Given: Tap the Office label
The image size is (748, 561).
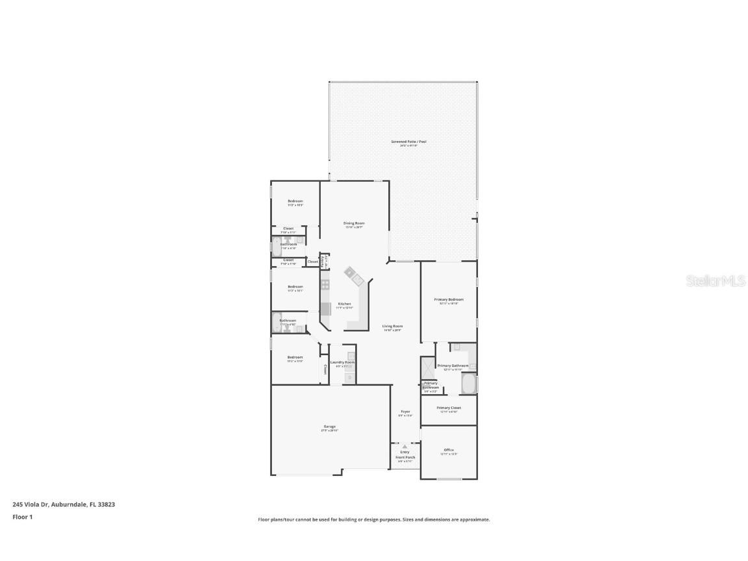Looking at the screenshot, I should click(449, 450).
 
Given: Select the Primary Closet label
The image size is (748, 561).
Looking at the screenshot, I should click(449, 408).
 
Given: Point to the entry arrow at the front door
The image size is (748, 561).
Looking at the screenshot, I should click(405, 446).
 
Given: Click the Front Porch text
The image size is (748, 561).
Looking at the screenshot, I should click(405, 457).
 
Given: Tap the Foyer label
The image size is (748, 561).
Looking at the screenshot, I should click(405, 412).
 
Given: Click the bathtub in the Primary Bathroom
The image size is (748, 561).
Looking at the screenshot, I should click(469, 384).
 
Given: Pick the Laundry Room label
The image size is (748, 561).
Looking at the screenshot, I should click(342, 362).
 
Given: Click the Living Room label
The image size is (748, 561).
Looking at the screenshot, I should click(392, 326).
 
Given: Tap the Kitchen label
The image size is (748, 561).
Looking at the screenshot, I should click(345, 304).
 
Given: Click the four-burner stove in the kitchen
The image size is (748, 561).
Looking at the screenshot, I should click(325, 284).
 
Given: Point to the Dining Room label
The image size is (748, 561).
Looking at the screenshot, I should click(354, 223).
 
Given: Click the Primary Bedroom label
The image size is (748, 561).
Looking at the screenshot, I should click(449, 299).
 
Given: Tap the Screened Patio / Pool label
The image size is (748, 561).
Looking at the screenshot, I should click(408, 142).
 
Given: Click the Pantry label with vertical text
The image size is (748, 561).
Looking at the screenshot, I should click(325, 261).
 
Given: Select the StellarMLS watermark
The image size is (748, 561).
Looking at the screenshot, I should click(709, 280).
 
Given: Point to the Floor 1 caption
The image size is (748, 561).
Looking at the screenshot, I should click(22, 517).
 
